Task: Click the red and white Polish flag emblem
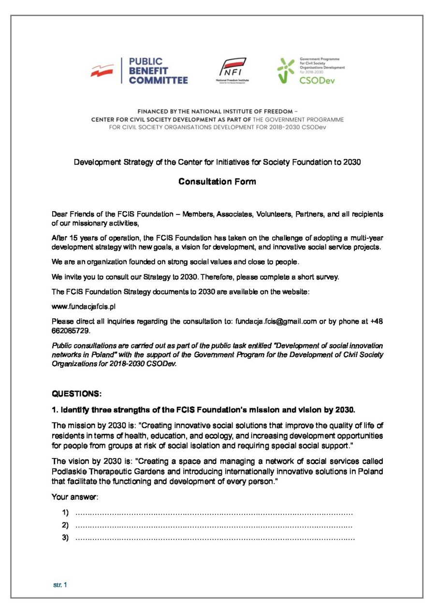[x=102, y=71]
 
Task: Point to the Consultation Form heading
[x=217, y=182]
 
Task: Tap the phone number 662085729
[x=71, y=331]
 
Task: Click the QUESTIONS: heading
[x=76, y=394]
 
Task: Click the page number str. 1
[x=60, y=585]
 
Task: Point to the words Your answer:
[x=75, y=497]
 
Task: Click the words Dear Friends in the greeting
[x=73, y=214]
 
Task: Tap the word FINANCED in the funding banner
[x=155, y=111]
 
